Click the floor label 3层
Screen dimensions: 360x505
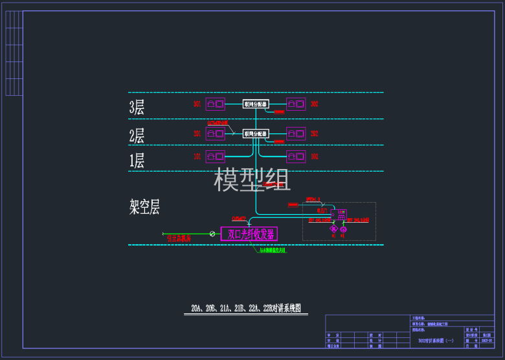click(x=137, y=107)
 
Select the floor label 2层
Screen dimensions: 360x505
click(x=137, y=136)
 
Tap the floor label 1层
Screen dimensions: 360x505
click(x=137, y=161)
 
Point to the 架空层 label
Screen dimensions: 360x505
click(x=144, y=207)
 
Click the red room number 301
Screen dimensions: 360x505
click(x=197, y=104)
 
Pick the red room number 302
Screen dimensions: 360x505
click(x=314, y=104)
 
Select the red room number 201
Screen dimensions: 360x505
click(x=197, y=134)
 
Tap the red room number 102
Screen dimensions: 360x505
click(x=314, y=157)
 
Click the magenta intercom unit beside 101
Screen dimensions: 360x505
click(x=216, y=156)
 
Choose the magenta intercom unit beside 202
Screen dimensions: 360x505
click(x=296, y=133)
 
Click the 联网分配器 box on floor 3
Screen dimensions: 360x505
click(x=255, y=104)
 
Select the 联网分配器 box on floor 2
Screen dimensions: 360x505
click(x=255, y=133)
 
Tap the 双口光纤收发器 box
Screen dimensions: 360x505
click(x=249, y=234)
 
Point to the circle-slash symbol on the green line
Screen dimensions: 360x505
click(x=212, y=233)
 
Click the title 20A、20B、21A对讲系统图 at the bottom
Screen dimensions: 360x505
click(x=246, y=308)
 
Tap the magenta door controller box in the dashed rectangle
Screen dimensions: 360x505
click(x=339, y=214)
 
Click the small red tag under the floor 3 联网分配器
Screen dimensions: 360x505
click(x=279, y=113)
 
